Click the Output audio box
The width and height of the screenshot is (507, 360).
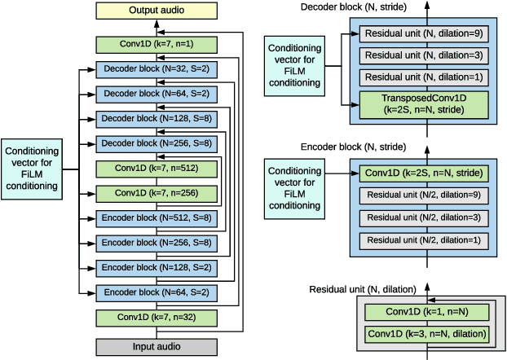point(157,11)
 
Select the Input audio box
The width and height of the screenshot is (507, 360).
point(157,346)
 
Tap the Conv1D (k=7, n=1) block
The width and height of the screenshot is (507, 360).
point(157,45)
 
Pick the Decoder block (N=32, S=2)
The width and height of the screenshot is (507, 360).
point(157,70)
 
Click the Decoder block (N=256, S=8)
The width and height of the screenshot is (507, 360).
point(157,144)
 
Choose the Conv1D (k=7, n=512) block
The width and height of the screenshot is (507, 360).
point(157,169)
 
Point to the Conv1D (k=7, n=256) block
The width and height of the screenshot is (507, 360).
point(157,194)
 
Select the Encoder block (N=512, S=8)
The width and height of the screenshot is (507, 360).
point(157,218)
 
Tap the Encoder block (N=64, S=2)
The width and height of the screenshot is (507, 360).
point(157,292)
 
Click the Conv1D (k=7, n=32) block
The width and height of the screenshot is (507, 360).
point(157,317)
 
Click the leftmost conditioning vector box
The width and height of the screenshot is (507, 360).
point(32,169)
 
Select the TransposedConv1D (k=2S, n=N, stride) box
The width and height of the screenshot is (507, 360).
point(423,106)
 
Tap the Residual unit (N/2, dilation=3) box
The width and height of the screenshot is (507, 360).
point(423,218)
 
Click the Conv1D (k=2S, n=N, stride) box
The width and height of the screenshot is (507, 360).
point(423,173)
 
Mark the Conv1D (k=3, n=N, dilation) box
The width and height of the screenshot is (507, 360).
point(427,334)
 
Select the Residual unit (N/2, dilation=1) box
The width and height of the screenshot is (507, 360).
point(423,241)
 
